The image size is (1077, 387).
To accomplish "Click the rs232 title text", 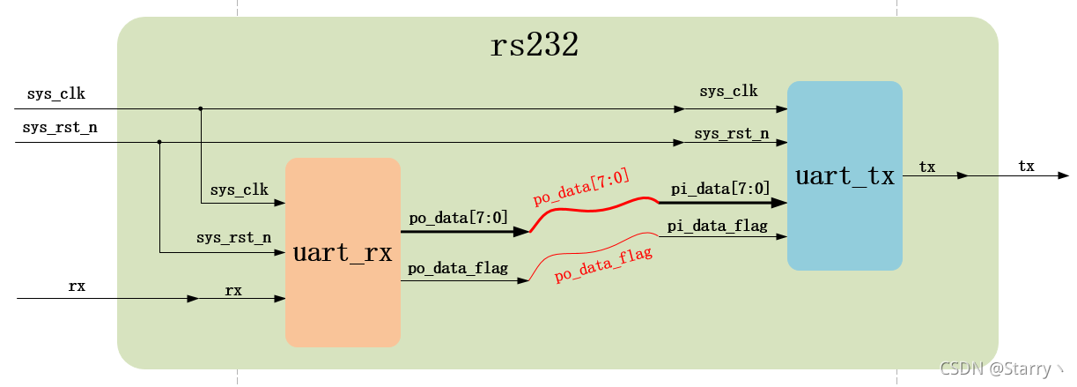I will pos(534,45).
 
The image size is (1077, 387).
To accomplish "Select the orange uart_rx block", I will pos(343,252).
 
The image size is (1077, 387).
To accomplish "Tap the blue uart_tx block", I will pos(845,175).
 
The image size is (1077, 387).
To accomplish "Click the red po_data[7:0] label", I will pos(581,188).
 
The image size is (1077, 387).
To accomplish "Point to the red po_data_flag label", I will pos(603,264).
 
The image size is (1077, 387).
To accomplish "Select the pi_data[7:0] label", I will pos(720,188).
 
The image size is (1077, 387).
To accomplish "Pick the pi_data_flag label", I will pos(717,227).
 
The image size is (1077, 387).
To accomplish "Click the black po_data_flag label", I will pos(459,268).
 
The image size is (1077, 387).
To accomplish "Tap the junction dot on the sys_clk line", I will pos(201,108).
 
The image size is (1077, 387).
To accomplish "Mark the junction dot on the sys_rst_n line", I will pos(159,141).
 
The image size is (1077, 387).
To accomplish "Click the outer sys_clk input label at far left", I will pos(56,93).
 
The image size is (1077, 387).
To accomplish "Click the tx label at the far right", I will pos(1026,166).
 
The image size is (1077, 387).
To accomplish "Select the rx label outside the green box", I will pos(77,287).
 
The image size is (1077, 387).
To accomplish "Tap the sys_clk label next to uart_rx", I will pos(240,190).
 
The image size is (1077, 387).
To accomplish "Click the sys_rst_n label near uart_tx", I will pos(731,134).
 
